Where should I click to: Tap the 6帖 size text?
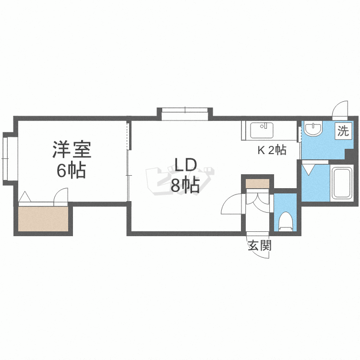(x=72, y=170)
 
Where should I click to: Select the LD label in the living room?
(x=185, y=166)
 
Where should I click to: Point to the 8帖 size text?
(x=185, y=185)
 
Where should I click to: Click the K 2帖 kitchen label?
(x=272, y=150)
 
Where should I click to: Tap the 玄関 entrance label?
(x=260, y=246)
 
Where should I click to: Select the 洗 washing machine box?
(x=343, y=131)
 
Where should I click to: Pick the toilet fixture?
(x=286, y=222)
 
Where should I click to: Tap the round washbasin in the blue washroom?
(x=313, y=130)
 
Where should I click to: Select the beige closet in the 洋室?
(x=43, y=219)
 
